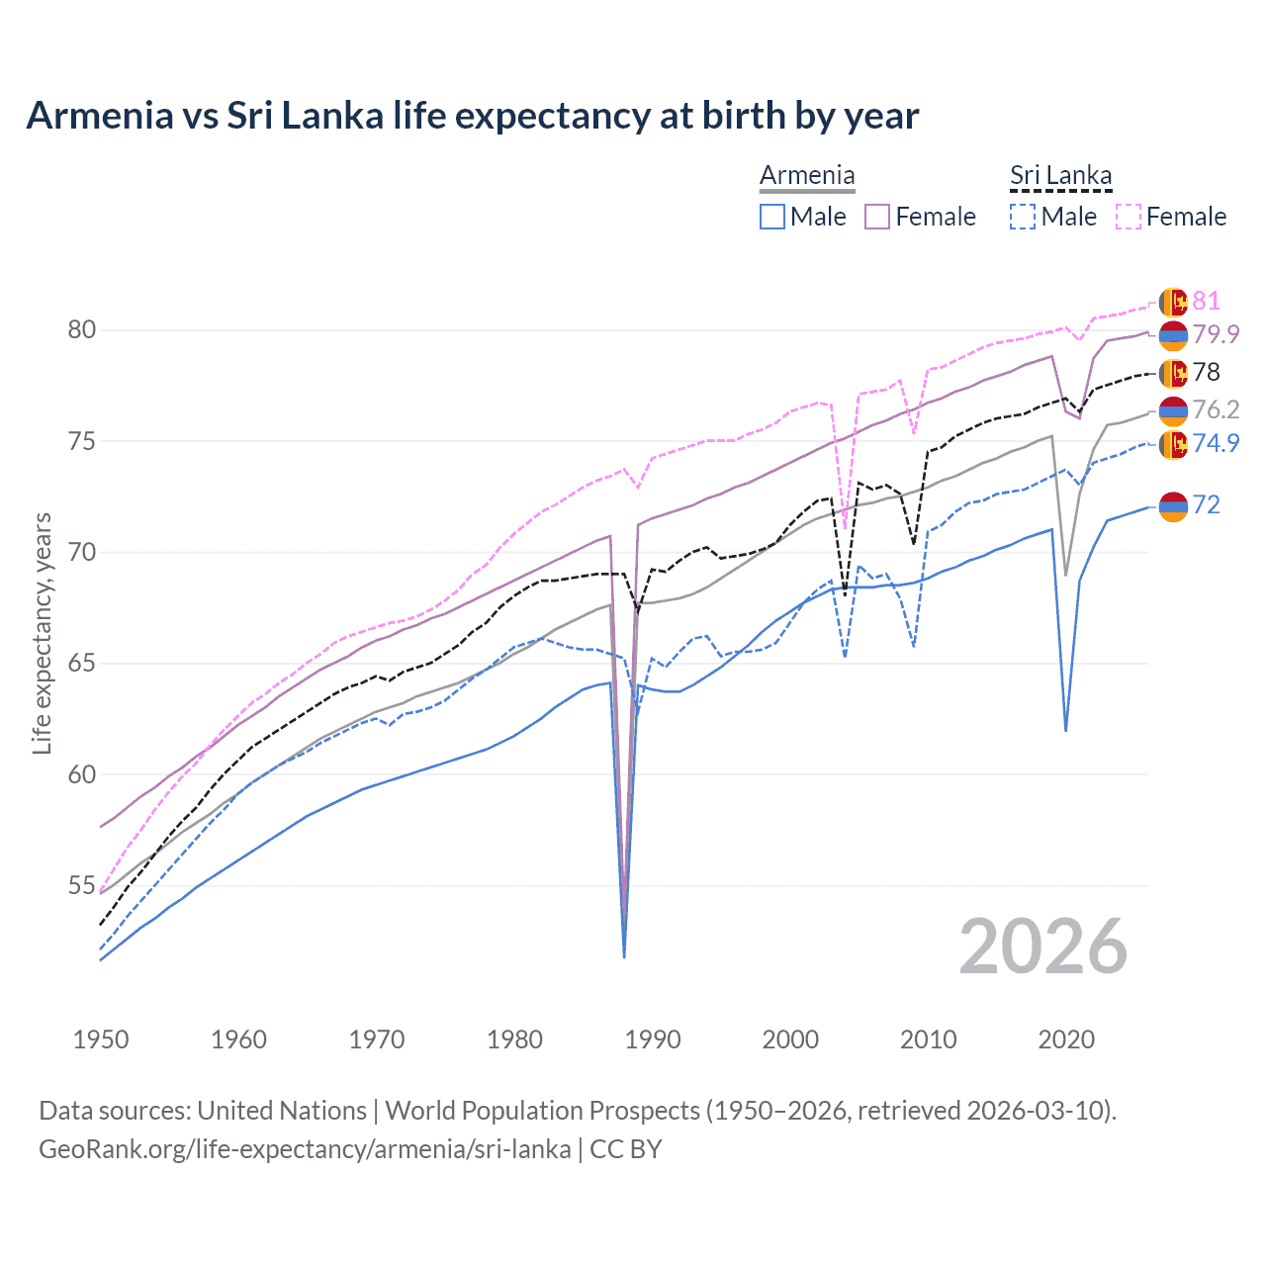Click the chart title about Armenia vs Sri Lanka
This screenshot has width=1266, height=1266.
(472, 116)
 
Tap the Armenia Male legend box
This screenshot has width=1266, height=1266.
(772, 217)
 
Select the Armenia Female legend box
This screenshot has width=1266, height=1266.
(877, 217)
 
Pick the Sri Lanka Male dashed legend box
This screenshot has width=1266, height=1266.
(1023, 217)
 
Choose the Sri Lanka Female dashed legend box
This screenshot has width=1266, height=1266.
(1129, 217)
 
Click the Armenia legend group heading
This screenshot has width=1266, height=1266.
(807, 175)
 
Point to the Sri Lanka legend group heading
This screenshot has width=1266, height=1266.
(1060, 175)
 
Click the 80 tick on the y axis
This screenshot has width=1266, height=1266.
(81, 329)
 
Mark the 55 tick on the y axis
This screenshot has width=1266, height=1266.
(81, 885)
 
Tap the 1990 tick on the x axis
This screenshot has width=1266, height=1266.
(653, 1040)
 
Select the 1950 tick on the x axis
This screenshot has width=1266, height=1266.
(101, 1040)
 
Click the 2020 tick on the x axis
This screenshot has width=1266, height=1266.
(1066, 1040)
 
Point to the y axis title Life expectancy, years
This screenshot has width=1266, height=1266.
(43, 633)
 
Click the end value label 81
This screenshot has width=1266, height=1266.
(1206, 301)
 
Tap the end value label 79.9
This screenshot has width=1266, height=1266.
(1216, 334)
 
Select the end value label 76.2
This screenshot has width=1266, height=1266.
(1216, 409)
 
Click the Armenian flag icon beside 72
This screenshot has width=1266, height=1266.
(1173, 505)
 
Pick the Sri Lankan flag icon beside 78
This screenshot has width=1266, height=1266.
(1173, 373)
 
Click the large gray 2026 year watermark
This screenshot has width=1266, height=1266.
(1043, 947)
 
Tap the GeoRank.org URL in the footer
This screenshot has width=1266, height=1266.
(305, 1149)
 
